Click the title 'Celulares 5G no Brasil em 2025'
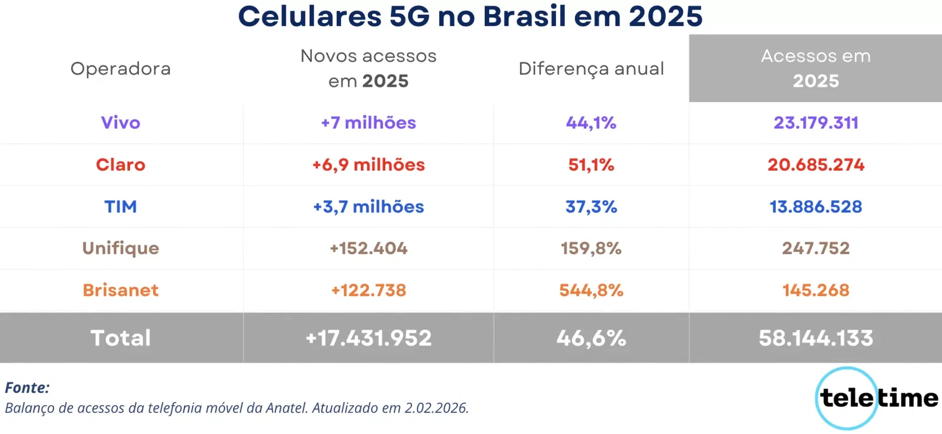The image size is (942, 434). coord(470,16)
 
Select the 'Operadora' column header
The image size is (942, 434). coord(121,69)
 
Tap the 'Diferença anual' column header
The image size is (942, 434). coord(591,69)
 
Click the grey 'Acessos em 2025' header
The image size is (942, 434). coord(815,68)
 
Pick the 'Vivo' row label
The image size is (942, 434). coord(121,122)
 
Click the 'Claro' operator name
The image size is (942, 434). coord(121,165)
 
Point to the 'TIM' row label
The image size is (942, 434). coord(121,207)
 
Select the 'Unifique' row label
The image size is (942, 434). coord(121,249)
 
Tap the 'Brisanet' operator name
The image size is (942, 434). coord(121,290)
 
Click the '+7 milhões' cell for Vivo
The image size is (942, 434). coord(369,122)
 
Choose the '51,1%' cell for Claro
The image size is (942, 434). coord(591,165)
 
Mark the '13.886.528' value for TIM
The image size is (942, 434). coord(815,207)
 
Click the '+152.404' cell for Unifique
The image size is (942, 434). coord(369,249)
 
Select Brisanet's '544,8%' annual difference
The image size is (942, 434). coord(591,290)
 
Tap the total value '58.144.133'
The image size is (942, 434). coord(815,338)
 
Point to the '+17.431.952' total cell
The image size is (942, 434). coord(369,338)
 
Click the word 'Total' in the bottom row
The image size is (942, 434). coord(121,338)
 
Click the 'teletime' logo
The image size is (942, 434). coord(877,398)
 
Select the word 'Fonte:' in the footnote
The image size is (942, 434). coord(27,388)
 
